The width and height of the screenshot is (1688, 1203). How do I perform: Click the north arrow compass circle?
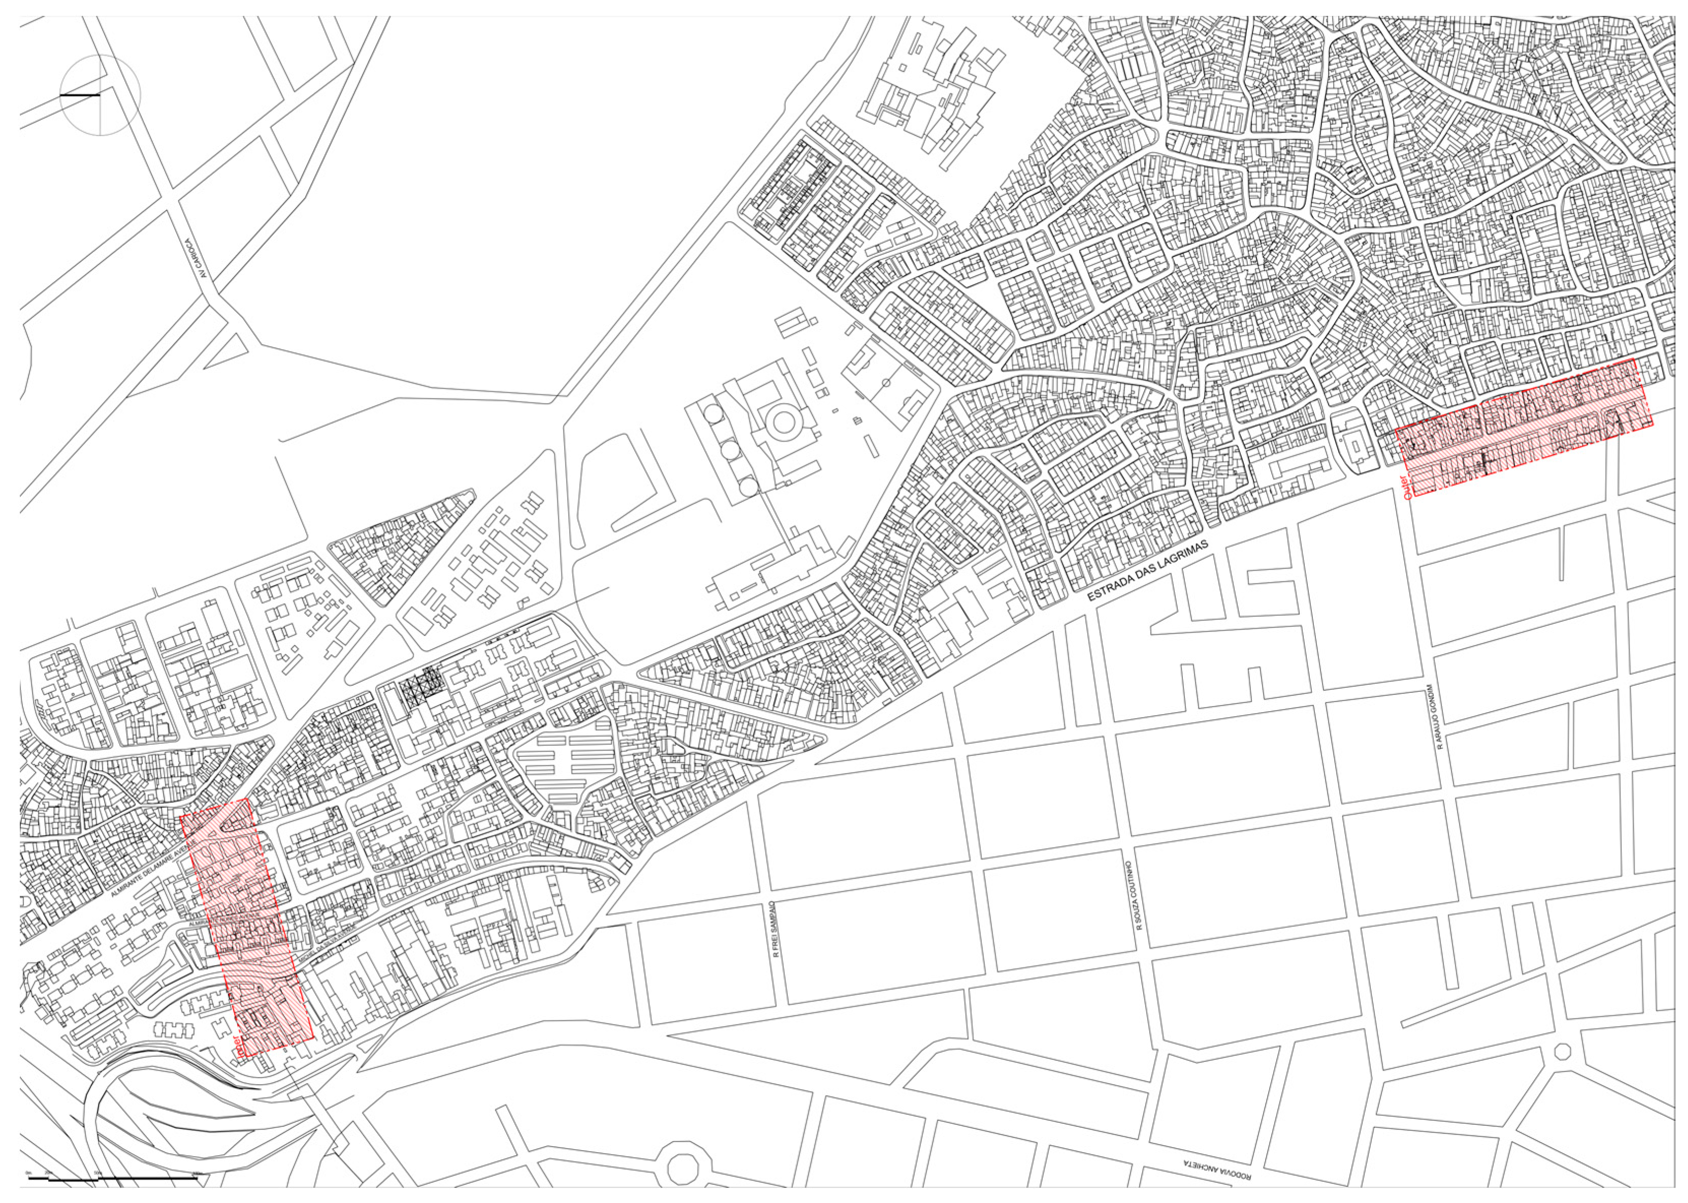coord(100,95)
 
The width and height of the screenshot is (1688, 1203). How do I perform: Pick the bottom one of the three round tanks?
coord(749,486)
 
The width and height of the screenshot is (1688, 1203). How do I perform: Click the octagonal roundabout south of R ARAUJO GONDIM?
coord(1562,1051)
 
